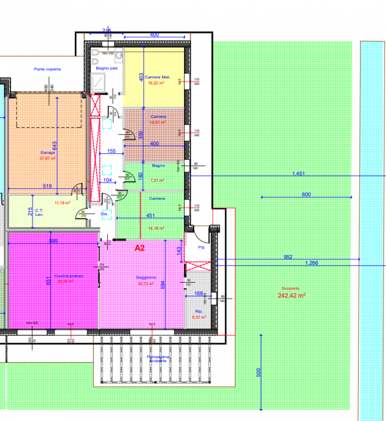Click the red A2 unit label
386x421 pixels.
139,247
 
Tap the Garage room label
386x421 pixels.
47,153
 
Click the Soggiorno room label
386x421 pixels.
146,277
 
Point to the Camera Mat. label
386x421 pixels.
154,77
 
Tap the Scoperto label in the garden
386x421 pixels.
291,288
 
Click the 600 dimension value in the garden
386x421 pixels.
307,195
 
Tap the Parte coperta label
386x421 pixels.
47,69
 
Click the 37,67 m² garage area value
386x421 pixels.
48,158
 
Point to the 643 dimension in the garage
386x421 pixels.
54,146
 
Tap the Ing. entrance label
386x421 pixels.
201,246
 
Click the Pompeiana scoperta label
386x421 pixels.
158,359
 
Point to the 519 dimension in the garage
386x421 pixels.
46,186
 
